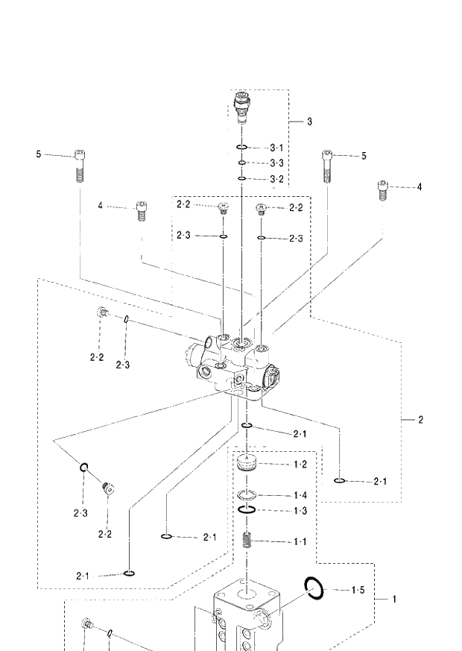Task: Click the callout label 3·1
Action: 276,148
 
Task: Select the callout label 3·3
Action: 276,163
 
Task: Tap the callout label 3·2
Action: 276,179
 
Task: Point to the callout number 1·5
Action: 358,591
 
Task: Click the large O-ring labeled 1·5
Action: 314,588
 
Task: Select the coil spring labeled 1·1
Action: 246,541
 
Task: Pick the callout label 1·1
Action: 300,541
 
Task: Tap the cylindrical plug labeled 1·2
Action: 246,462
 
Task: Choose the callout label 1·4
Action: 300,495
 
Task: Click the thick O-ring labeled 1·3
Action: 246,510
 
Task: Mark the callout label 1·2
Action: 300,464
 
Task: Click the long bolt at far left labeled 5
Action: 80,166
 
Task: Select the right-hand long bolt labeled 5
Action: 326,165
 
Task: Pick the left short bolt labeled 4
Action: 140,211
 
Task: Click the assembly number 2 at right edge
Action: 420,420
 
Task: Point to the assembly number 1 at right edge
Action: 394,599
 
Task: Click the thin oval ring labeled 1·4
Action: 246,495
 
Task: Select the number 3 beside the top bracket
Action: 309,121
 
